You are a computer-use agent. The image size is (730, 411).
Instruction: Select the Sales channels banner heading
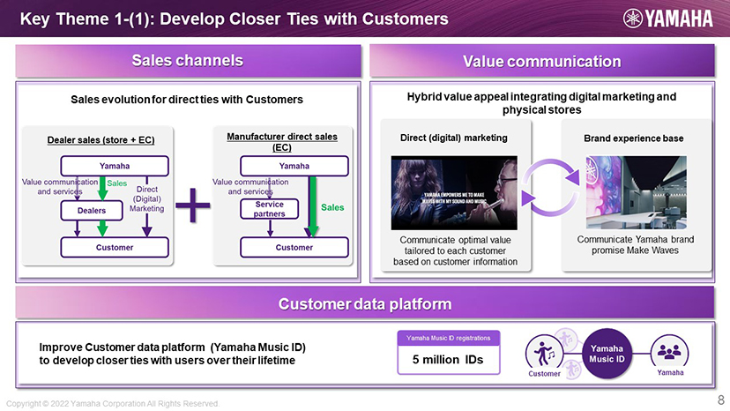pyautogui.click(x=187, y=61)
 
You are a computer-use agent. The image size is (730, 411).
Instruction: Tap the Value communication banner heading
pyautogui.click(x=542, y=61)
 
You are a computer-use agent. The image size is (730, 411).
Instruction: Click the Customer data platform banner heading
pyautogui.click(x=365, y=304)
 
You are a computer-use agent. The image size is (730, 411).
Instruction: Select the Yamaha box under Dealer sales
pyautogui.click(x=115, y=165)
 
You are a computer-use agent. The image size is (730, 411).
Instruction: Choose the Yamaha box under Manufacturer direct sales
pyautogui.click(x=294, y=165)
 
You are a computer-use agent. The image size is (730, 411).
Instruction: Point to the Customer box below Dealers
pyautogui.click(x=115, y=248)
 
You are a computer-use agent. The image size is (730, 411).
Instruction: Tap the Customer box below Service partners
pyautogui.click(x=294, y=248)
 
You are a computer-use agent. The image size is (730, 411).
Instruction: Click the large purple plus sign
pyautogui.click(x=192, y=211)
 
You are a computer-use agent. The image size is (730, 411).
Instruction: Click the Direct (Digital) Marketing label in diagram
pyautogui.click(x=146, y=199)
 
